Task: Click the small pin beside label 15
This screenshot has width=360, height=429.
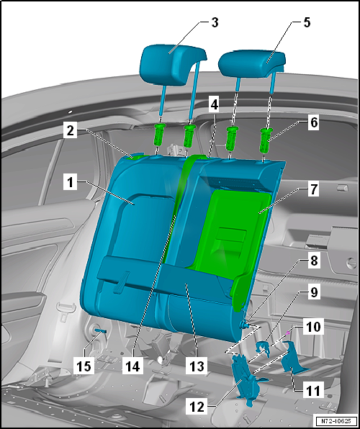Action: click(99, 331)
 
